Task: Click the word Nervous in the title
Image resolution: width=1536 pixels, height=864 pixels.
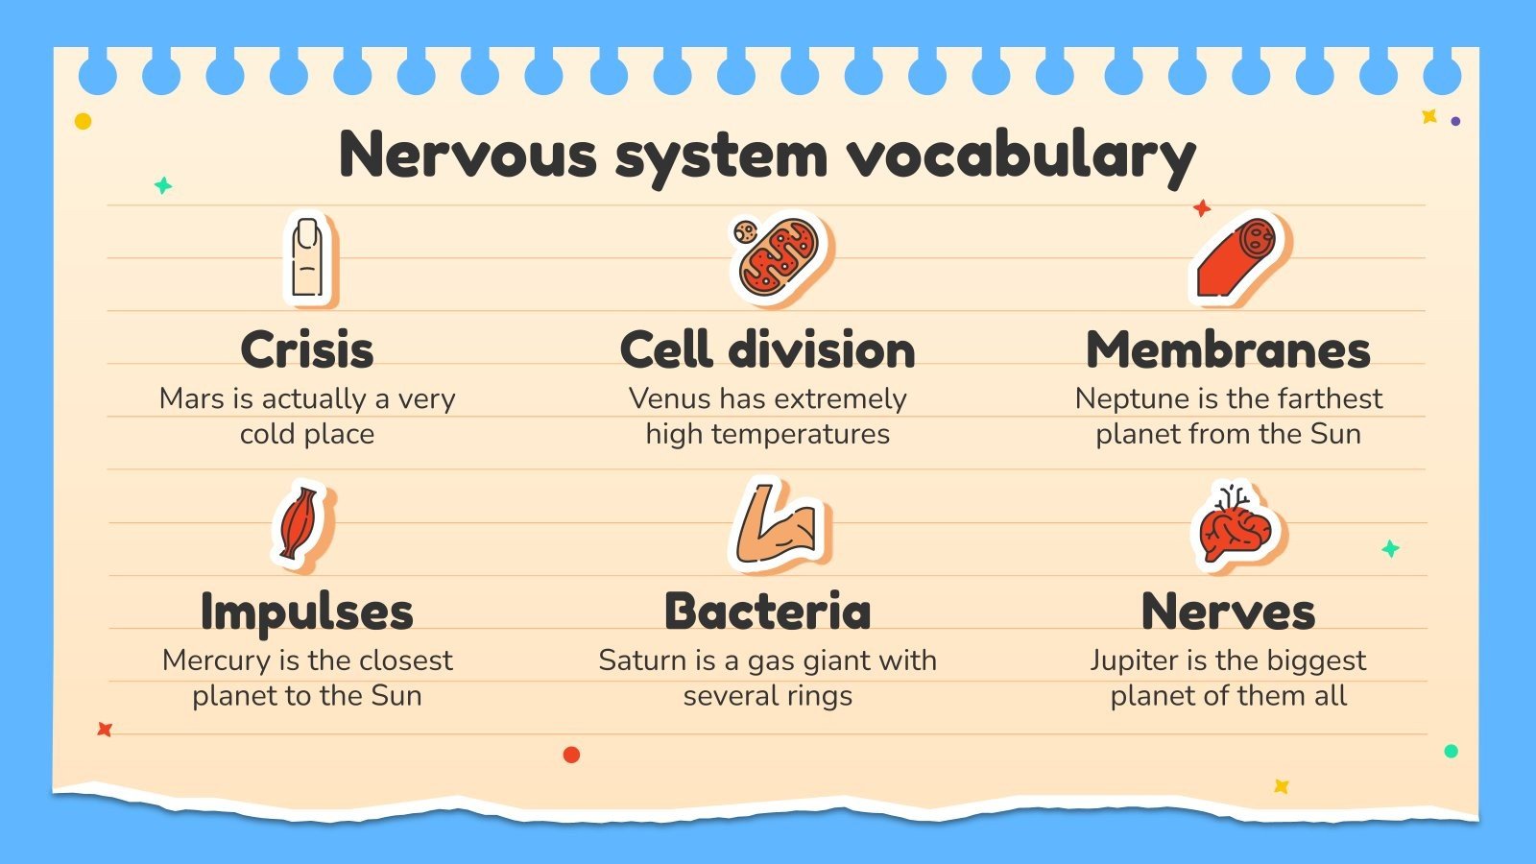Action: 468,155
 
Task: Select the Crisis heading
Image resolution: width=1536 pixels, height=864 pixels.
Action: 307,349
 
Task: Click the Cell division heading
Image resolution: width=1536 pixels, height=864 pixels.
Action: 768,349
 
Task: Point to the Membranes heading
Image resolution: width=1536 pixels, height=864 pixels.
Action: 1228,349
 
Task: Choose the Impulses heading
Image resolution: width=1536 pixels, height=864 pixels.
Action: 307,612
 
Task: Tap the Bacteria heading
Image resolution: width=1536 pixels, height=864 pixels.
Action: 768,612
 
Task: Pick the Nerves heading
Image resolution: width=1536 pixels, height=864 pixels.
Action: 1228,612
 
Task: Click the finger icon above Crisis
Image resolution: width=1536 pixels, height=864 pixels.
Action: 308,258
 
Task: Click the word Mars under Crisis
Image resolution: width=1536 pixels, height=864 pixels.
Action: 191,398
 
